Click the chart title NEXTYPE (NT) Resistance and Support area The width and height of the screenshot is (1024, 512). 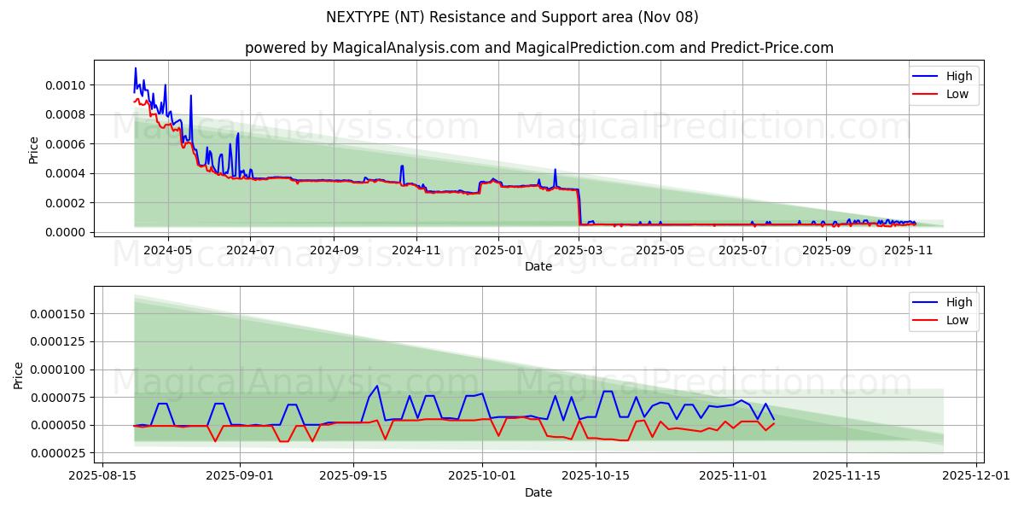(512, 17)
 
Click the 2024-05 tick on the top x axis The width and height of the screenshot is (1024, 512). (167, 250)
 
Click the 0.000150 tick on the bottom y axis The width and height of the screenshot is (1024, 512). (61, 314)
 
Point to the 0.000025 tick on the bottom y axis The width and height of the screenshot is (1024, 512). (61, 452)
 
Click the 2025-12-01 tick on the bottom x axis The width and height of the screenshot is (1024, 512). (973, 476)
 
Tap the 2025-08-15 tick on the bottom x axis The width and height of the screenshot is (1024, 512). (103, 476)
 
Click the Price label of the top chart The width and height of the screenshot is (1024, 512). (34, 149)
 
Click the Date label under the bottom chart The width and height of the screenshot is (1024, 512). (538, 492)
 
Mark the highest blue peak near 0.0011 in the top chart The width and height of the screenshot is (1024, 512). (135, 68)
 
